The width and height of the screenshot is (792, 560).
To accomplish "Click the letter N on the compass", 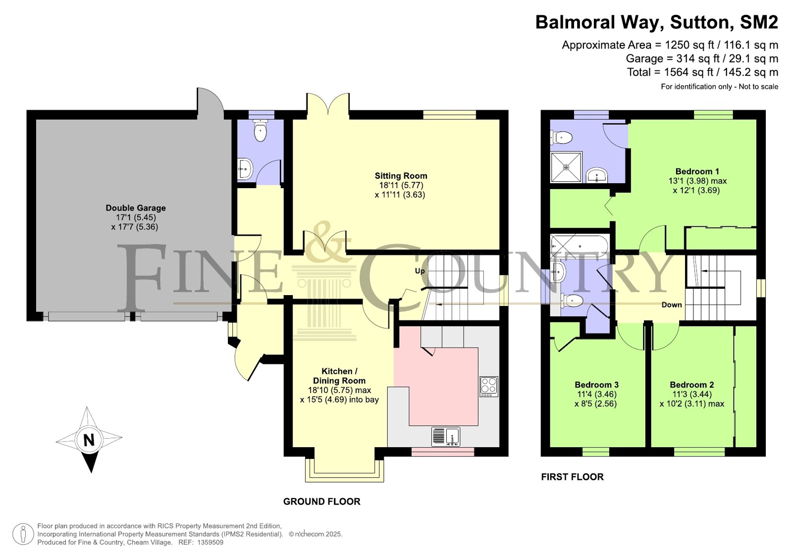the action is (89, 440).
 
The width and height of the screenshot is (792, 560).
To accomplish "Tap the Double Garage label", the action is (136, 208).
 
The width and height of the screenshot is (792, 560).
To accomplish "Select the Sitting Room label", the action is (401, 176).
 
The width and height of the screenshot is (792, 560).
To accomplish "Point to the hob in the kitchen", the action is (489, 386).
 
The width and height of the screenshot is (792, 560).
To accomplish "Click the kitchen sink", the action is (446, 436).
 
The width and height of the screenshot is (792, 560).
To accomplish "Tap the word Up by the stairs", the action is (420, 271).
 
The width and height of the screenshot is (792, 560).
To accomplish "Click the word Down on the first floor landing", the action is (672, 305).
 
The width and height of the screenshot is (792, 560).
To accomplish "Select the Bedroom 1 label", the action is (697, 171).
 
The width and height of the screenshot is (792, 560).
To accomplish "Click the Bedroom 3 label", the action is (596, 385).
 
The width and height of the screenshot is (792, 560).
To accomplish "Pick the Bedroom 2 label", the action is (691, 385).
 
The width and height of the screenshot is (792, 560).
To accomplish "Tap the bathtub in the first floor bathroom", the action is (579, 246).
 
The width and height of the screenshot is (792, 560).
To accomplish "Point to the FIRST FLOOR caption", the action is (573, 477).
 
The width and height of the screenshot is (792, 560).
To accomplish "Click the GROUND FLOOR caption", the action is (322, 501).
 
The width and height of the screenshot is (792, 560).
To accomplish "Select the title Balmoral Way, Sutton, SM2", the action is (657, 22).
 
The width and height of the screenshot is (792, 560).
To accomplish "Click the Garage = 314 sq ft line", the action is (702, 58).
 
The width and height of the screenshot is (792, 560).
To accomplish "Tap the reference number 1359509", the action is (210, 542).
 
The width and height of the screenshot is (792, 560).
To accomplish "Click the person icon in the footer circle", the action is (23, 534).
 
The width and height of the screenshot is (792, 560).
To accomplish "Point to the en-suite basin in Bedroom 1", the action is (597, 175).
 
